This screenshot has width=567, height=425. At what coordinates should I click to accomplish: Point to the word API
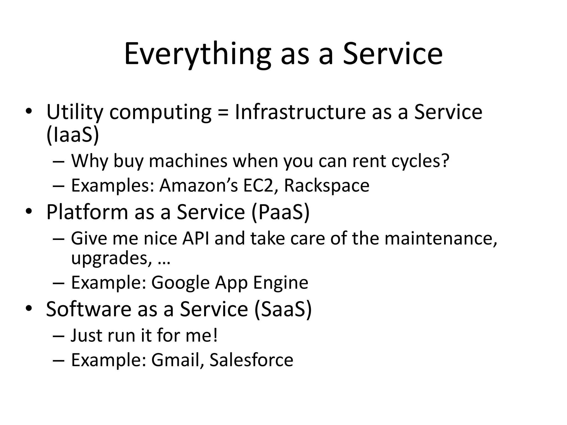pos(195,239)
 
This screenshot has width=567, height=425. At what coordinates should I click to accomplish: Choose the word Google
pos(181,283)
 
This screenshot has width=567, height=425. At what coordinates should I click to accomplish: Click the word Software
pos(89,309)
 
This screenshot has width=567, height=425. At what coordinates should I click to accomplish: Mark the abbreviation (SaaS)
pos(283,309)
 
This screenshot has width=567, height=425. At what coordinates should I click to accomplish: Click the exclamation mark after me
pos(215,335)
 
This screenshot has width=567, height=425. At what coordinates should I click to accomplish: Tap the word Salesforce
pos(251,360)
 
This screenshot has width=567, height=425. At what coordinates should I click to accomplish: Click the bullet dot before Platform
pos(28,212)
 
